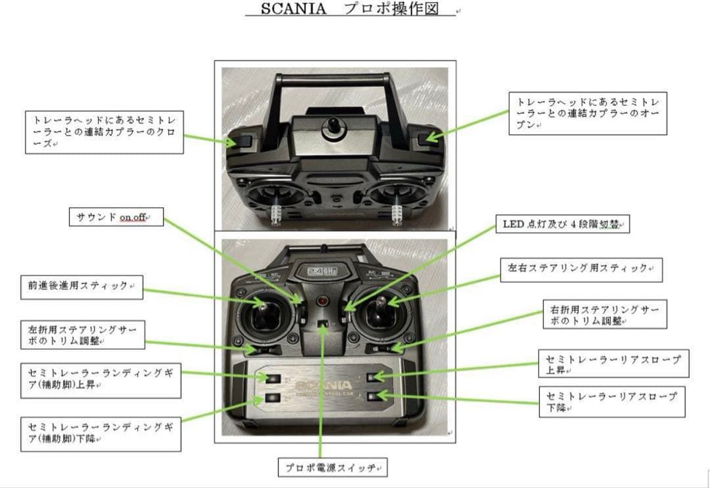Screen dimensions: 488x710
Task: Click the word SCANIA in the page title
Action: pos(293,10)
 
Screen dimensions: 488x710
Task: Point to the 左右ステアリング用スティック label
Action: pos(580,270)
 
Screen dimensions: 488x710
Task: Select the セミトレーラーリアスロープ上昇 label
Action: pos(613,364)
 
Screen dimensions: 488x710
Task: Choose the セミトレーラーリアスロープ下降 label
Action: pos(611,402)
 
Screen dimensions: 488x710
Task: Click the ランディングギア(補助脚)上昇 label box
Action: pos(101,379)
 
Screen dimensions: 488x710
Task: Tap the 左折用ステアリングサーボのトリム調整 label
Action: pos(82,335)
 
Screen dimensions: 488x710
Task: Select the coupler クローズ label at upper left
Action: pos(104,132)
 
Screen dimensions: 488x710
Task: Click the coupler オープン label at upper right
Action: pos(587,113)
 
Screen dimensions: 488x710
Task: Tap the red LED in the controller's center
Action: pos(322,302)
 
